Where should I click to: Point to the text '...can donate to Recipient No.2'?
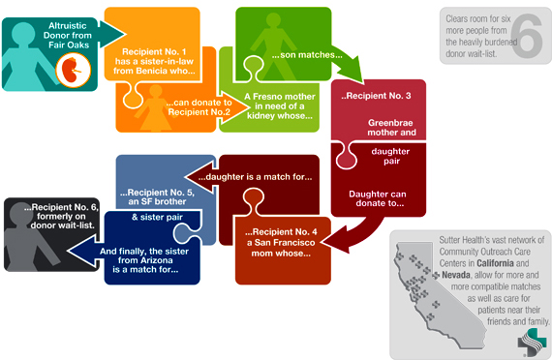coord(199,106)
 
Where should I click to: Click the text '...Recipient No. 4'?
coord(281,232)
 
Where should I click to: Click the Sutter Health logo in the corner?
coord(530,341)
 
